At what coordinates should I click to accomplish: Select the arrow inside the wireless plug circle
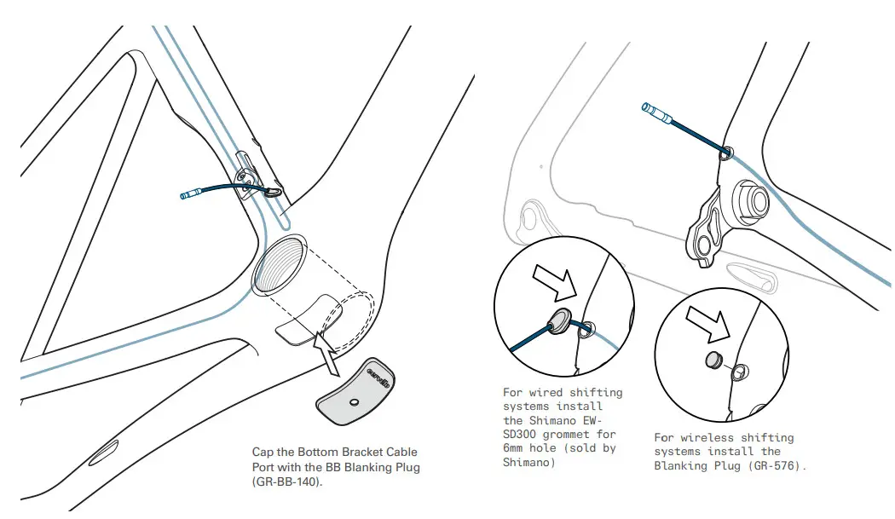coord(709,324)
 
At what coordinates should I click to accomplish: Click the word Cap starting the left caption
coord(263,452)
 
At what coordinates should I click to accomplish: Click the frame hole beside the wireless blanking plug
coord(740,370)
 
